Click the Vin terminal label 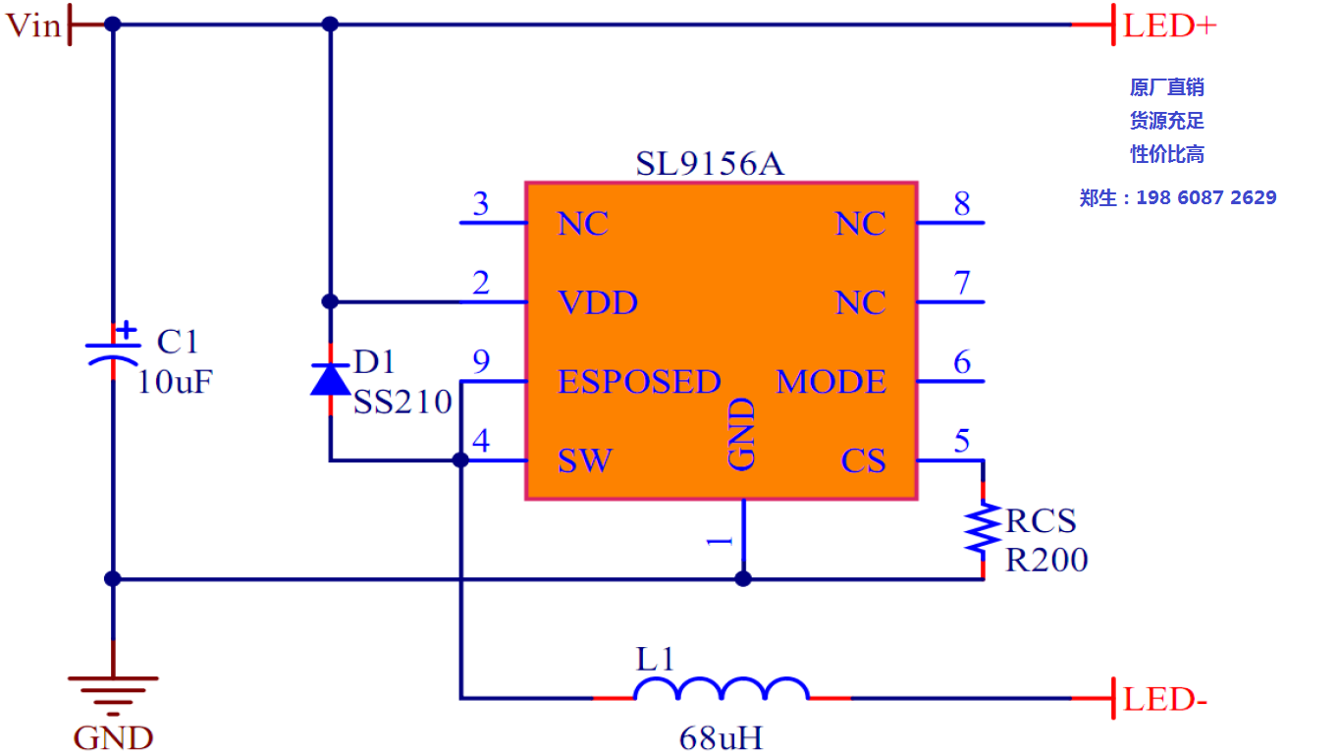[x=33, y=26]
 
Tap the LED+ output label [x=1169, y=26]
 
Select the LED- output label [x=1164, y=700]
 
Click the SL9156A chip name [x=709, y=164]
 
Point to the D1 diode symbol [x=329, y=379]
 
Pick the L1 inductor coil [x=722, y=689]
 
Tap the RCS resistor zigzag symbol [x=982, y=528]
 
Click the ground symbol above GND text [x=113, y=690]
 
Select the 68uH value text [x=721, y=737]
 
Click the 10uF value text [x=175, y=382]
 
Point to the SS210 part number [x=402, y=402]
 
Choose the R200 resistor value [x=1046, y=560]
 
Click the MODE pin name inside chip [x=831, y=382]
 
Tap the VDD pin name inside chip [x=598, y=302]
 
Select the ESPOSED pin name [x=639, y=382]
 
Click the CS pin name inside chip [x=863, y=460]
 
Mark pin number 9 [x=480, y=362]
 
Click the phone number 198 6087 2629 [x=1205, y=197]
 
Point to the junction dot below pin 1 [x=743, y=578]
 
